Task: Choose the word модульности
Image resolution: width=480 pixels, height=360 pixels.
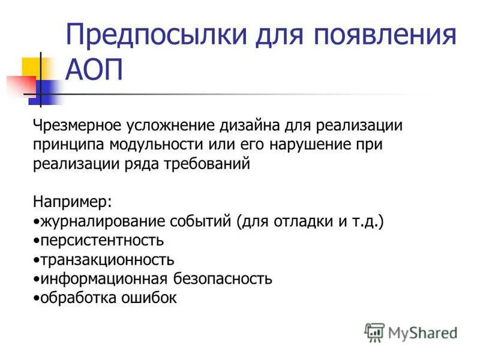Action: point(158,145)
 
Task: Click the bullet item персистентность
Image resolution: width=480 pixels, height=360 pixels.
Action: point(98,241)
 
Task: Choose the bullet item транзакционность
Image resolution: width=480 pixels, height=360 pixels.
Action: point(104,260)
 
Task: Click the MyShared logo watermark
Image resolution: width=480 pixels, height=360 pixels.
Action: point(410,332)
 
